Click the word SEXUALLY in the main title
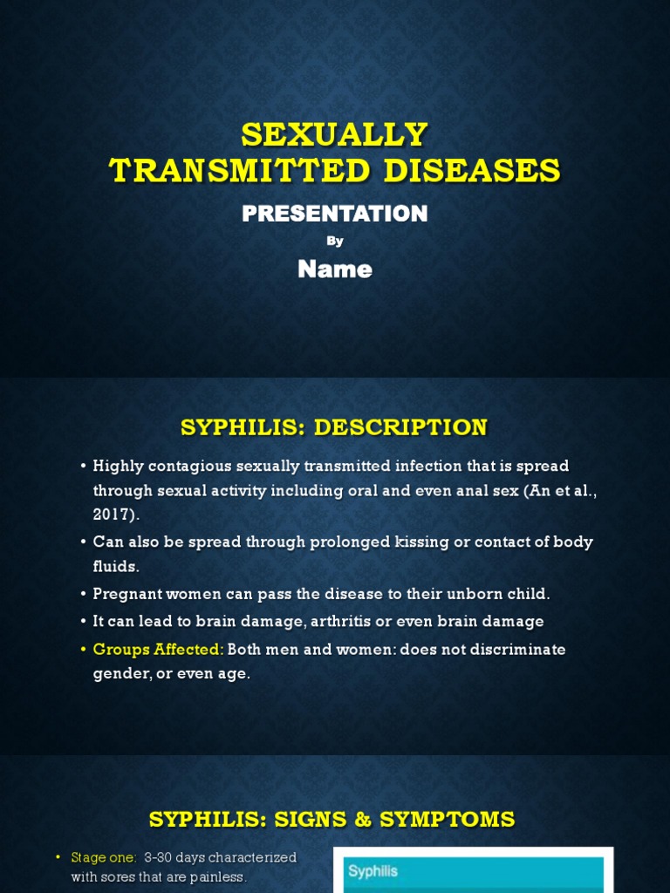tap(335, 135)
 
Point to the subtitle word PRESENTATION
tap(335, 214)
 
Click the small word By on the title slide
tap(335, 242)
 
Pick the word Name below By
tap(335, 269)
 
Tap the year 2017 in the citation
tap(115, 515)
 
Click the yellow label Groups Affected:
tap(159, 650)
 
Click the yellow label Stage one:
tap(104, 858)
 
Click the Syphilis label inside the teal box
tap(373, 871)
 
